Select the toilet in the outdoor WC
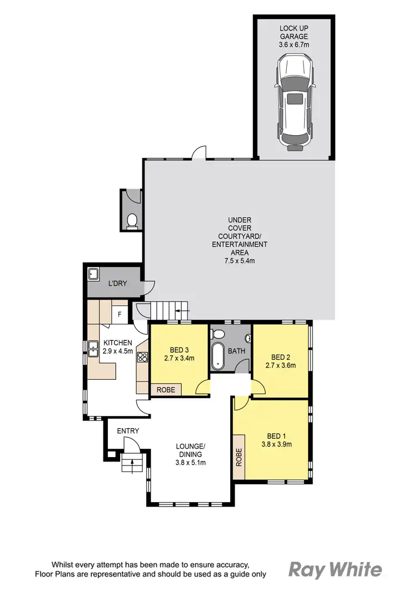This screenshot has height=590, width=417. [x=132, y=221]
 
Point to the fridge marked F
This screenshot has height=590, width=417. [x=120, y=315]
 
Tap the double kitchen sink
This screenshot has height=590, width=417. [x=93, y=350]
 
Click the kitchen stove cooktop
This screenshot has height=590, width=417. [x=142, y=358]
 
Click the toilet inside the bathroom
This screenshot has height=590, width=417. [x=219, y=335]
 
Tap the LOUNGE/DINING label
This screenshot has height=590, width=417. [x=190, y=450]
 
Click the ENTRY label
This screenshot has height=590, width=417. [x=127, y=431]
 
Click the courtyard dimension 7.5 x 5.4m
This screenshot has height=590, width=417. [x=240, y=260]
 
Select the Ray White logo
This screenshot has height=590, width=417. [x=335, y=569]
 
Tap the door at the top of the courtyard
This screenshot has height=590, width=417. [x=198, y=153]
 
